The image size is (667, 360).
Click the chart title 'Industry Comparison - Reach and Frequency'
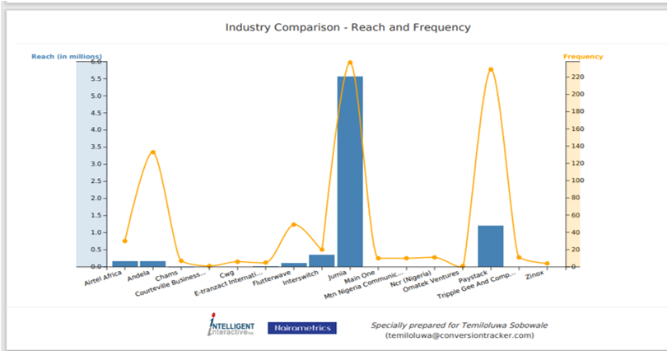pos(348,27)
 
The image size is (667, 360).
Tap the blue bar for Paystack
pos(491,245)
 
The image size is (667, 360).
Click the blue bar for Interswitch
pos(322,260)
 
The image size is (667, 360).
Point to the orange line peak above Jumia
pos(350,63)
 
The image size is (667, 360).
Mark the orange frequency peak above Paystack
pos(491,69)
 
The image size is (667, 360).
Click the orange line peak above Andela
pos(152,152)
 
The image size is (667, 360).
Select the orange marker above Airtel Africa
pos(125,241)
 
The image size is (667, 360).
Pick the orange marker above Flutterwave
pos(294,224)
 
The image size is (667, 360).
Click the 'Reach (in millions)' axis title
pos(66,56)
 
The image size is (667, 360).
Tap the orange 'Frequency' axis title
pos(583,57)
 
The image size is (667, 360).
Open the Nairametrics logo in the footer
pos(302,328)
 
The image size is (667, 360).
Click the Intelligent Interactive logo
pos(231,325)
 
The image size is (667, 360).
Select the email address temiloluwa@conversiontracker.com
pos(459,335)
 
